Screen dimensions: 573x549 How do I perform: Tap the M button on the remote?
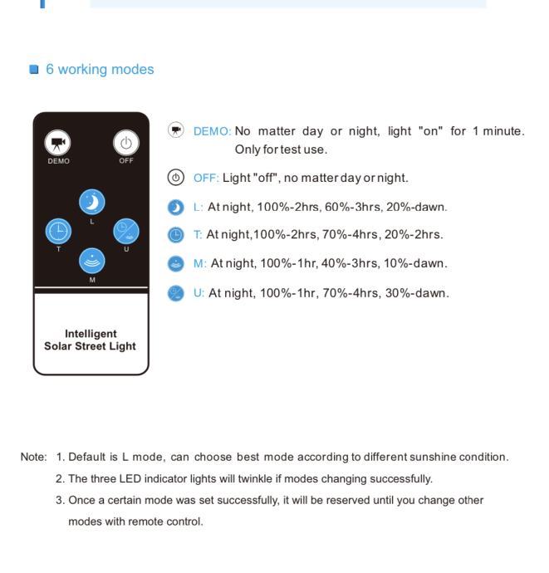[x=91, y=260]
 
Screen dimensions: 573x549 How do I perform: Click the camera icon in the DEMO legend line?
[x=175, y=130]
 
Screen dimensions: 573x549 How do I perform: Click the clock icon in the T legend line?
[x=175, y=235]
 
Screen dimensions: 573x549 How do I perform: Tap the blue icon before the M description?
[x=175, y=263]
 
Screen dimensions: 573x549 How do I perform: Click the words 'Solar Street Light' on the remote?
[x=91, y=345]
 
